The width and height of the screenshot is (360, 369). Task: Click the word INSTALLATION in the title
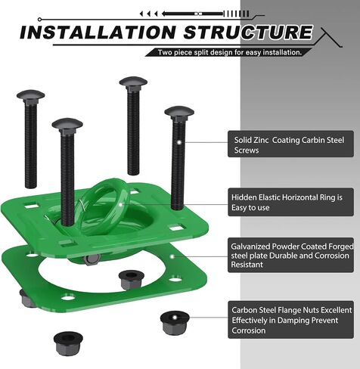[x=98, y=33]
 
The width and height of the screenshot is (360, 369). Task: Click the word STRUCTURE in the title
[x=248, y=33]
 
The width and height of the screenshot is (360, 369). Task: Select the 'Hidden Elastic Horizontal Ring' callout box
[x=290, y=202]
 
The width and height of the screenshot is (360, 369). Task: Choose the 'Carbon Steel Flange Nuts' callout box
[x=290, y=320]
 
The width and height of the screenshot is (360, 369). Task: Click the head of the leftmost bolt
[x=31, y=95]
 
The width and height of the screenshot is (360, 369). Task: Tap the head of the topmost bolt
[x=133, y=81]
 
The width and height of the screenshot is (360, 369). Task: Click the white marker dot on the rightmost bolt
[x=179, y=142]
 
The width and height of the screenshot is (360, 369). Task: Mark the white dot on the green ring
[x=121, y=204]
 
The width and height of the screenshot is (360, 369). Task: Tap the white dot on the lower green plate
[x=172, y=256]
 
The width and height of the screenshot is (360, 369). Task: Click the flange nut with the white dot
[x=175, y=323]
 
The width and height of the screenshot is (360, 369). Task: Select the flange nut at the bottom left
[x=68, y=344]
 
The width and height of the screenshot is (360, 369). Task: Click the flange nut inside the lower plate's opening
[x=132, y=280]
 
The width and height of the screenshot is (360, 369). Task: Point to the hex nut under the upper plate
[x=92, y=259]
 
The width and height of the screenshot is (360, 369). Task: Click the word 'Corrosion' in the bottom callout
[x=249, y=330]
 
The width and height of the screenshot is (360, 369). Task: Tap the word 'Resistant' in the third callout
[x=247, y=265]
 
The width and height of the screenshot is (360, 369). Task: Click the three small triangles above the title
[x=149, y=14]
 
